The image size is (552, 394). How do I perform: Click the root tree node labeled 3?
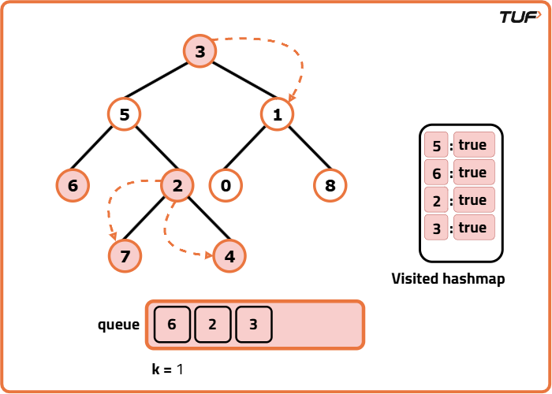coord(200,52)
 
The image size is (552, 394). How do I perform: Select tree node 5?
coord(124,114)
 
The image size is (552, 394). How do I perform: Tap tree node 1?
coord(277,114)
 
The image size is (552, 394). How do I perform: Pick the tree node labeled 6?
coord(73,186)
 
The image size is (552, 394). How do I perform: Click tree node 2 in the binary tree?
coord(177,186)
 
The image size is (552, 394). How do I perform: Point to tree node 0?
coord(226,186)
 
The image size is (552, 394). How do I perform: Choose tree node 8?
coord(330,186)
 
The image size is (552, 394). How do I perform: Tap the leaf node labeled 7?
coord(125,257)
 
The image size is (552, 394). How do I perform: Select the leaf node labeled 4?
coord(229,257)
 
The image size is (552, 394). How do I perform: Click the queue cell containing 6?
coord(172,324)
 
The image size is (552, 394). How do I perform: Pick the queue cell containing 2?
coord(213,324)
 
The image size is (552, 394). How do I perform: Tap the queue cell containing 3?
coord(253,324)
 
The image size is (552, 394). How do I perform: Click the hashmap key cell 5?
coord(435,146)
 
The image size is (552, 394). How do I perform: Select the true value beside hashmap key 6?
coord(473,173)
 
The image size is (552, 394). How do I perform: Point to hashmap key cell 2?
coord(435,200)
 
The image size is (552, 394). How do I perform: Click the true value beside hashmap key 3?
coord(473,228)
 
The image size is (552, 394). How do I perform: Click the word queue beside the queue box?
coord(118,325)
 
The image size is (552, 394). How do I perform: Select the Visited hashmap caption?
coord(448,279)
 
